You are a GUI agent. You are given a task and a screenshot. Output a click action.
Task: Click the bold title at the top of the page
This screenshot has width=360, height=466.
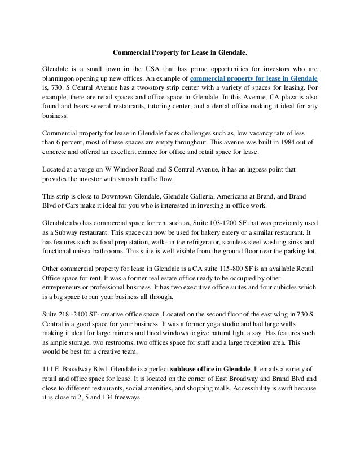point(180,53)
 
